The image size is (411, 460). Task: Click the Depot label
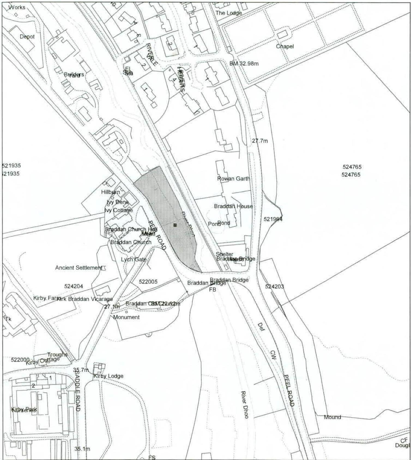(x=27, y=36)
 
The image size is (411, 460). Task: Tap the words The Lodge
(x=228, y=13)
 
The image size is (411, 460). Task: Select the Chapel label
(x=285, y=46)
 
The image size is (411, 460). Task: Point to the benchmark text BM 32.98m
(x=244, y=63)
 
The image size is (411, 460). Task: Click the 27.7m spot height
(x=260, y=141)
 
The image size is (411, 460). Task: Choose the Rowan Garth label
(x=233, y=179)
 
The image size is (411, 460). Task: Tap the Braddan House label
(x=233, y=206)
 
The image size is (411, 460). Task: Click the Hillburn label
(x=110, y=192)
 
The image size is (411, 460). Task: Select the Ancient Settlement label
(x=78, y=268)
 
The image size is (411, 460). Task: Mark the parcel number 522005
(x=148, y=282)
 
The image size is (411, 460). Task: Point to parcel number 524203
(x=274, y=287)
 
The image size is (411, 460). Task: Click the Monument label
(x=126, y=317)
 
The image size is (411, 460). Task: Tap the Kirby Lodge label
(x=108, y=376)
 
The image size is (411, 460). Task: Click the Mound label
(x=332, y=417)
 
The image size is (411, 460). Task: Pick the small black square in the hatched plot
(x=175, y=225)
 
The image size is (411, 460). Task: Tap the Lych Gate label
(x=134, y=260)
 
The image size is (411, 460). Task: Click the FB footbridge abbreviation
(x=212, y=290)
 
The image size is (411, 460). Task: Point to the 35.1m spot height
(x=82, y=449)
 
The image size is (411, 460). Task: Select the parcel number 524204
(x=74, y=286)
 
